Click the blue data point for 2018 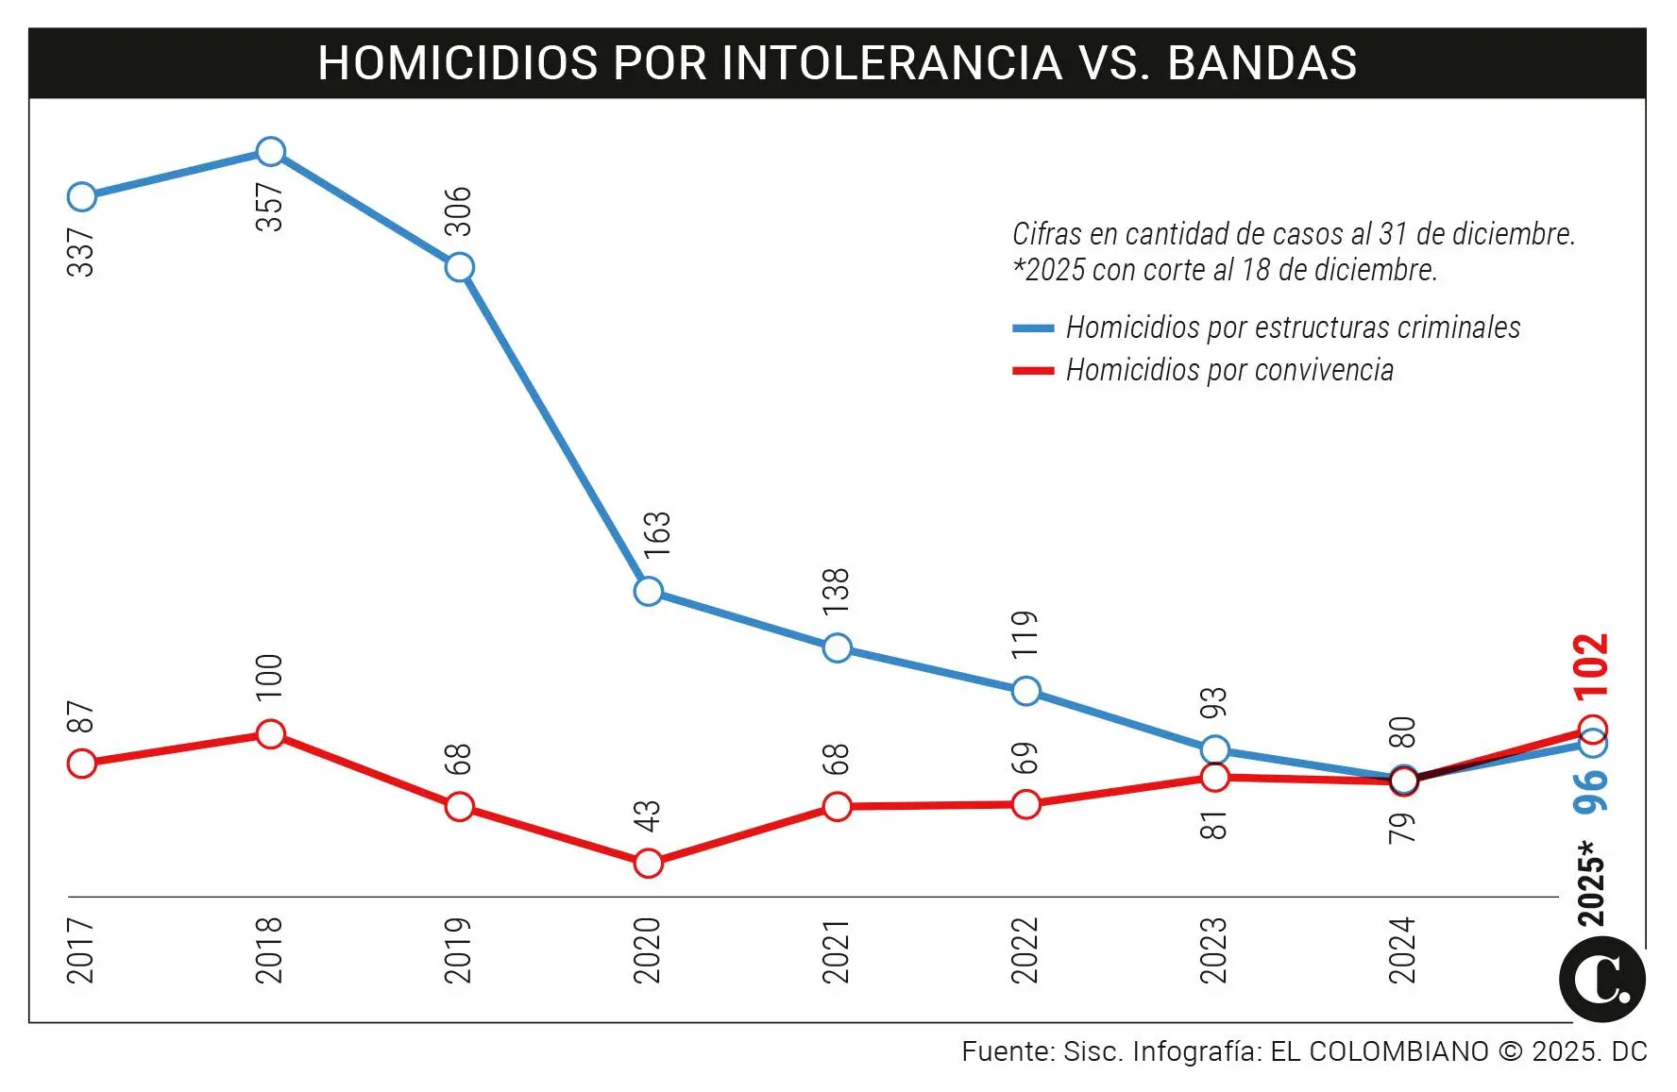click(270, 151)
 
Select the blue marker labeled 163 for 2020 click(648, 592)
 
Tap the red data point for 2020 click(648, 863)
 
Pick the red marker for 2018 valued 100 click(270, 734)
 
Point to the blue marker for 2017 click(82, 196)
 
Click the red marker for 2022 click(1025, 805)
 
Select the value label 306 click(458, 211)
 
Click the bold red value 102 click(1591, 666)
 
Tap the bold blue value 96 click(1591, 791)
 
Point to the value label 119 click(1025, 634)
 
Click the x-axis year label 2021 click(836, 951)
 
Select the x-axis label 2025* click(1591, 883)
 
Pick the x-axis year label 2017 click(81, 951)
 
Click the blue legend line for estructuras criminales click(1033, 328)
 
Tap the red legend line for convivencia click(1033, 371)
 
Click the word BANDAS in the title click(1262, 63)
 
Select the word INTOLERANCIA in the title click(891, 63)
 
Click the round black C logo click(1601, 980)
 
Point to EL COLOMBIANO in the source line click(1379, 1051)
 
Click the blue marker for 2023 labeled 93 click(1214, 750)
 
